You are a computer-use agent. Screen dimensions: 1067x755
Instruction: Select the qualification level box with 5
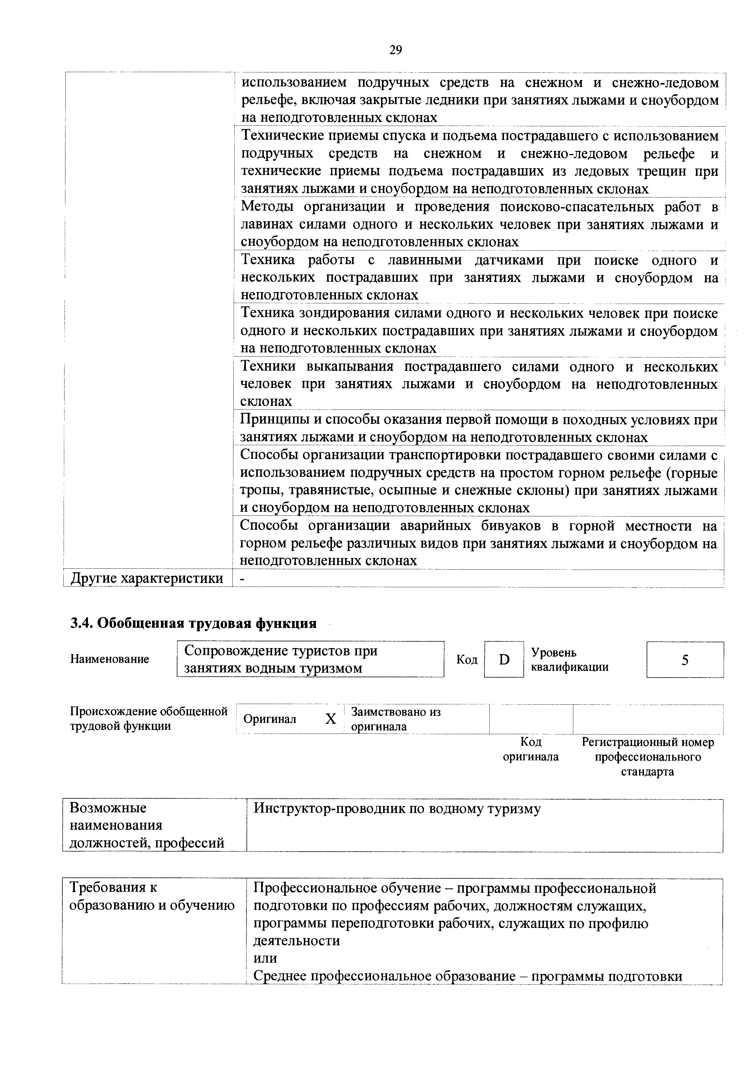click(x=685, y=660)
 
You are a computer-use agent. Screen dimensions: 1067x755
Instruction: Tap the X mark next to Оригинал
click(x=330, y=719)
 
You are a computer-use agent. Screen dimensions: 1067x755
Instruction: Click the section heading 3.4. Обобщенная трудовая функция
click(x=194, y=623)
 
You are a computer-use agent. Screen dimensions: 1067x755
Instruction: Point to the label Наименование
click(x=110, y=659)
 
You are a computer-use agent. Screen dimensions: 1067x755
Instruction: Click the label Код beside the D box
click(x=467, y=659)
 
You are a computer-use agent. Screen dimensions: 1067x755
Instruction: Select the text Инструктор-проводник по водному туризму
click(x=397, y=809)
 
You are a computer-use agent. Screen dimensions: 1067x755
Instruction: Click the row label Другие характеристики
click(x=147, y=579)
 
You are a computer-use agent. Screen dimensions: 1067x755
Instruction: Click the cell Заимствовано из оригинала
click(x=395, y=719)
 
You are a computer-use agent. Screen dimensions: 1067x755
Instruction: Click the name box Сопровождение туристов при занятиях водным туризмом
click(x=310, y=659)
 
